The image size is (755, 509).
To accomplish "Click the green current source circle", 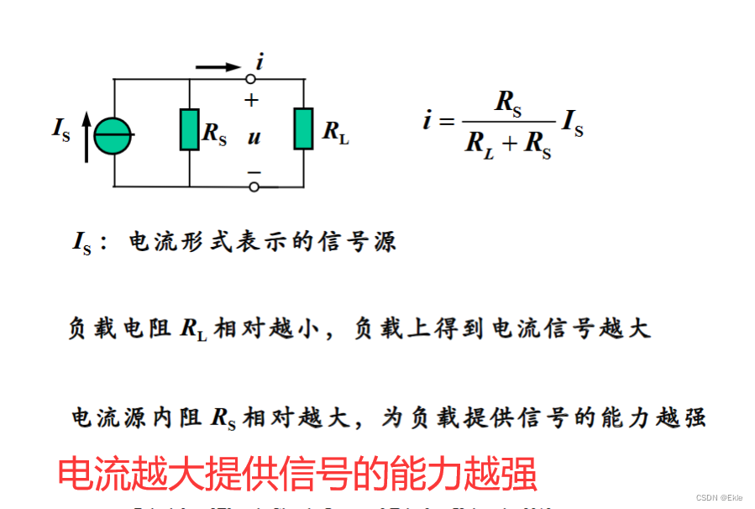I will coord(113,135).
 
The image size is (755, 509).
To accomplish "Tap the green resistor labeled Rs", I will coord(190,130).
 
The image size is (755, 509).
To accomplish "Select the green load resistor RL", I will coord(303,129).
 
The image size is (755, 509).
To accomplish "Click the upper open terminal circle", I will coord(251,79).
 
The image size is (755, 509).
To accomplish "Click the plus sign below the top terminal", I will coord(251,100).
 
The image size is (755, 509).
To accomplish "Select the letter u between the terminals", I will coord(253,136).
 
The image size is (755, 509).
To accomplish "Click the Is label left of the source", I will coord(60,129).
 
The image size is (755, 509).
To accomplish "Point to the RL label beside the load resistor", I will coord(335,132).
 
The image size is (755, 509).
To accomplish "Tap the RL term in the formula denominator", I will coord(481,143).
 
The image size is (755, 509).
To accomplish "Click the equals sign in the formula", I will coord(447,123).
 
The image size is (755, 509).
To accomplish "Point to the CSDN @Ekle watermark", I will coord(720,498).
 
